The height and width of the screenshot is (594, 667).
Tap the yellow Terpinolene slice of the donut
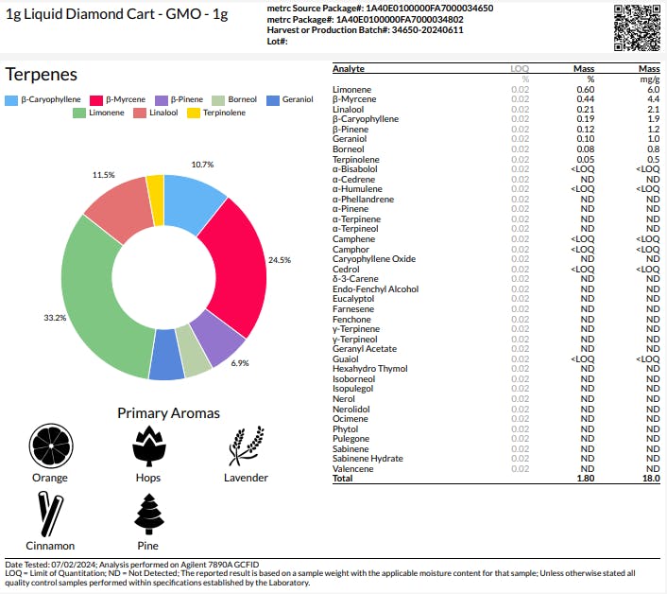[156, 199]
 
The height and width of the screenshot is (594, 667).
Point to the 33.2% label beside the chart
[55, 318]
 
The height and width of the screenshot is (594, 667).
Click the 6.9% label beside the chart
[239, 363]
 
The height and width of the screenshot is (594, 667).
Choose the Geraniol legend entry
[290, 99]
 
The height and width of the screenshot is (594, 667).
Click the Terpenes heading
[42, 75]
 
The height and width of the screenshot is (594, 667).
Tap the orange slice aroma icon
[50, 445]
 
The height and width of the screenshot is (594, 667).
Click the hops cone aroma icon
[148, 445]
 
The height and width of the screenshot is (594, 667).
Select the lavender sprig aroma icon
[246, 445]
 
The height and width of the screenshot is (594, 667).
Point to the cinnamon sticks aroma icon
[50, 515]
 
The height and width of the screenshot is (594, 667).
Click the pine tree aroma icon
[148, 515]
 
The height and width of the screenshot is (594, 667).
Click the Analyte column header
[349, 69]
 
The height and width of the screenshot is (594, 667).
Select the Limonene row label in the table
[353, 90]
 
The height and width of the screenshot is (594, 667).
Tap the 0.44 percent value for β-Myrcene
[585, 99]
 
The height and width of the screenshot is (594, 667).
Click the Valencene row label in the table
[354, 468]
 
